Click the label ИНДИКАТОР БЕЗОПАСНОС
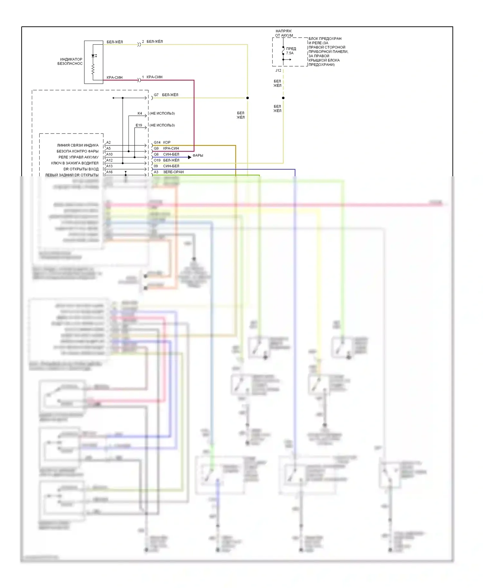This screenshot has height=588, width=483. tap(70, 61)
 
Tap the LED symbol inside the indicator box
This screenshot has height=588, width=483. tap(93, 56)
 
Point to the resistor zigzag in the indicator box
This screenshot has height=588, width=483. tap(93, 69)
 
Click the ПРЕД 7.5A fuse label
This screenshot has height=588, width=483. tap(290, 51)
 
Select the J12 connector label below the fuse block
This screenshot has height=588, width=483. tap(278, 70)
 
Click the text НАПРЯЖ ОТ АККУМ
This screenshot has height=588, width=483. tap(284, 33)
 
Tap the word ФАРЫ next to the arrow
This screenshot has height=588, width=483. tap(198, 156)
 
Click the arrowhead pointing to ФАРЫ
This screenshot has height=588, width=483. tap(190, 157)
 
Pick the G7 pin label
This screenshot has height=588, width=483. tap(156, 95)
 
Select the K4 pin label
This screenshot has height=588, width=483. tap(140, 113)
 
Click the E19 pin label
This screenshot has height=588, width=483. tap(139, 125)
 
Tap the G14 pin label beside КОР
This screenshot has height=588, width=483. tap(157, 142)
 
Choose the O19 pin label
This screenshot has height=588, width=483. tap(157, 160)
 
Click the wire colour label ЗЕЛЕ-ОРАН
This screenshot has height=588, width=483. tap(173, 172)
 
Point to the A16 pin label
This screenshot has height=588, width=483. tap(109, 172)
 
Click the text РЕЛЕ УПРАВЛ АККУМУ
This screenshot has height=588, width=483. tap(79, 157)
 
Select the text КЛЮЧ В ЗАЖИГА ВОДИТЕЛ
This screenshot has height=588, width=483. tap(75, 163)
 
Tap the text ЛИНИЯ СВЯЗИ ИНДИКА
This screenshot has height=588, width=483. tap(78, 145)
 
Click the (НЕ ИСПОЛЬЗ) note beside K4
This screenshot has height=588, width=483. tap(162, 113)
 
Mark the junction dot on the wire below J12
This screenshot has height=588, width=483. tap(283, 98)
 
